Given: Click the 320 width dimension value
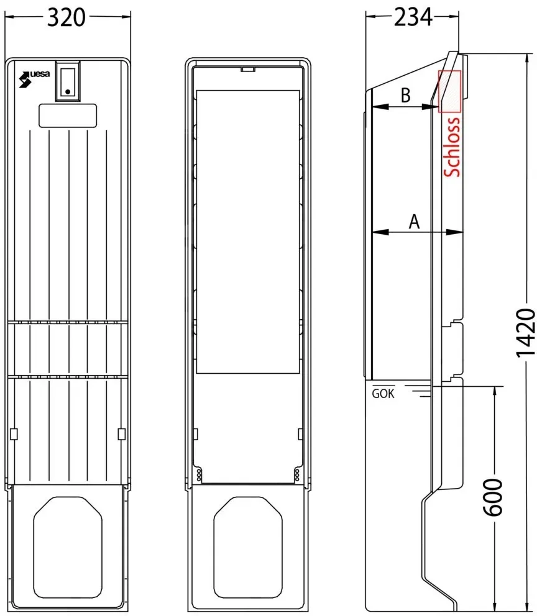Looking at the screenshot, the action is point(66,17).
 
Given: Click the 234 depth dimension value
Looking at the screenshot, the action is point(413,17).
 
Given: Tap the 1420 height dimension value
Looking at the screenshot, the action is point(526,333).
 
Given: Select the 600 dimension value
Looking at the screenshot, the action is point(493,497).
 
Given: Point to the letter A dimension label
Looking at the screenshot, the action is point(414,222).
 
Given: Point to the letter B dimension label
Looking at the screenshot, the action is point(405,95).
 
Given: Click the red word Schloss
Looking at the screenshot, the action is point(452,147).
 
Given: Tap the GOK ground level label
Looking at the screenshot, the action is point(383,393).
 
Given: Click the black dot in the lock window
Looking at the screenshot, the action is point(68,91).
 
